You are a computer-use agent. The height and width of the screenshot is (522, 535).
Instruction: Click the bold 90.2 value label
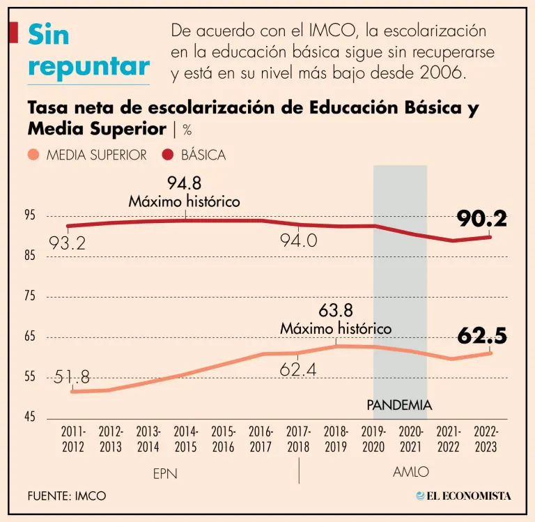pyautogui.click(x=481, y=219)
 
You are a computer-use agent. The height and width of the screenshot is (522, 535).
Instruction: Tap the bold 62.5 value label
pyautogui.click(x=482, y=336)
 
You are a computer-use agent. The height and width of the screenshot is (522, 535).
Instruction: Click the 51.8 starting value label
pyautogui.click(x=72, y=378)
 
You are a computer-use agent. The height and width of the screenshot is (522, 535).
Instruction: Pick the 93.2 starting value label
pyautogui.click(x=67, y=243)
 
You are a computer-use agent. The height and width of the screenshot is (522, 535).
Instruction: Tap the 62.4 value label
pyautogui.click(x=298, y=369)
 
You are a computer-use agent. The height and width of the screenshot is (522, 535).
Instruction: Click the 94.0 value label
pyautogui.click(x=298, y=241)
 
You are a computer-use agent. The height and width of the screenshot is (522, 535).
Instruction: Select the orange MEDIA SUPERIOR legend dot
pyautogui.click(x=34, y=155)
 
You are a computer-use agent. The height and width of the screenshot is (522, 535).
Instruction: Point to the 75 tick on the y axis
pyautogui.click(x=30, y=296)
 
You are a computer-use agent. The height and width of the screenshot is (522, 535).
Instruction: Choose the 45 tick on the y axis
pyautogui.click(x=30, y=417)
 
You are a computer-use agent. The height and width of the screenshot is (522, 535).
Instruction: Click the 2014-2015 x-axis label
pyautogui.click(x=186, y=440)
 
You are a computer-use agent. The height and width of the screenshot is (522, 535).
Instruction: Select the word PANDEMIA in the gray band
pyautogui.click(x=399, y=405)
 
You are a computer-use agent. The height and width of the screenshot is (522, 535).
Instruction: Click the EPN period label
pyautogui.click(x=165, y=473)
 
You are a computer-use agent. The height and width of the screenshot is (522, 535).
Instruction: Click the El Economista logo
pyautogui.click(x=463, y=496)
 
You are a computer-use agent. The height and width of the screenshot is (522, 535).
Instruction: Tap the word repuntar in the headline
pyautogui.click(x=89, y=67)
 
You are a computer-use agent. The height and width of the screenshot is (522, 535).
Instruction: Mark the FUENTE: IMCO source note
pyautogui.click(x=67, y=496)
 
